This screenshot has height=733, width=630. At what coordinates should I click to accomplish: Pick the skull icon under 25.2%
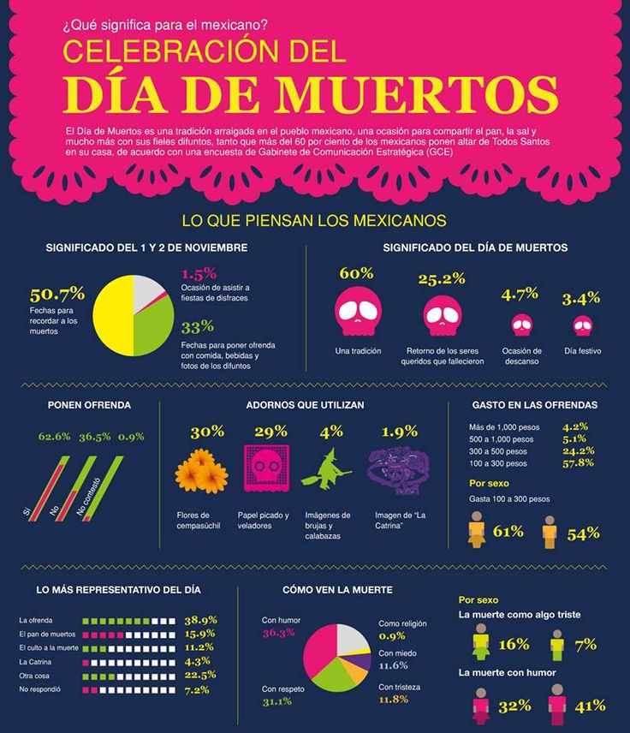click(442, 314)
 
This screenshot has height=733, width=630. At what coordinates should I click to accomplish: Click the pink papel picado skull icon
click(266, 468)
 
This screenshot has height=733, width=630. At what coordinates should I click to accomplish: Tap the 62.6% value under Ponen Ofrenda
click(55, 437)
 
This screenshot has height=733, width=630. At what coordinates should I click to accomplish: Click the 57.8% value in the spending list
click(579, 463)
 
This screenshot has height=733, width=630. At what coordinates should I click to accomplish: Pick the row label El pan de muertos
click(48, 634)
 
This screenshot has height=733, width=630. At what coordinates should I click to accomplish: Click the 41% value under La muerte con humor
click(591, 706)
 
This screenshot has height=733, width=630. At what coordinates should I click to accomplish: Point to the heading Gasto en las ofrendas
click(534, 404)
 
